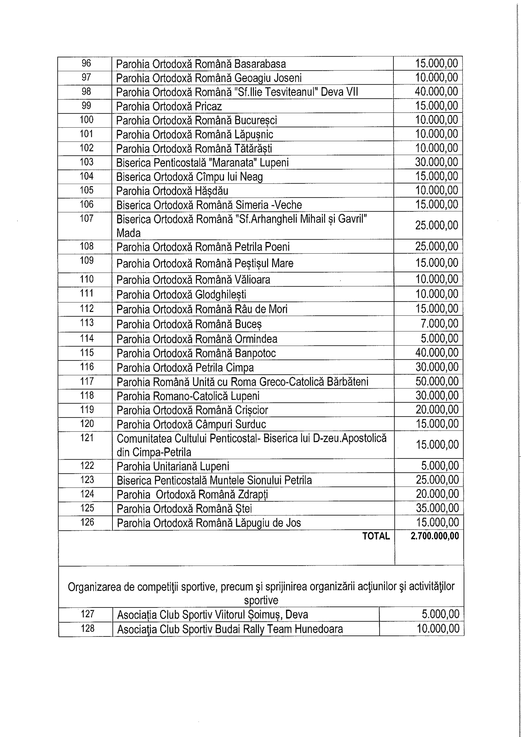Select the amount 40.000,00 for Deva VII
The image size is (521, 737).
pos(436,91)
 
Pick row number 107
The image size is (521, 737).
pos(86,218)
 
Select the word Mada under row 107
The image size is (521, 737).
pos(128,233)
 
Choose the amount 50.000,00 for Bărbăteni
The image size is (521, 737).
pos(437,381)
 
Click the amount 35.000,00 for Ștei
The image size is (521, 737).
pos(437,508)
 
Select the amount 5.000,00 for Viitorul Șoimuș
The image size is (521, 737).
pos(441,614)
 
